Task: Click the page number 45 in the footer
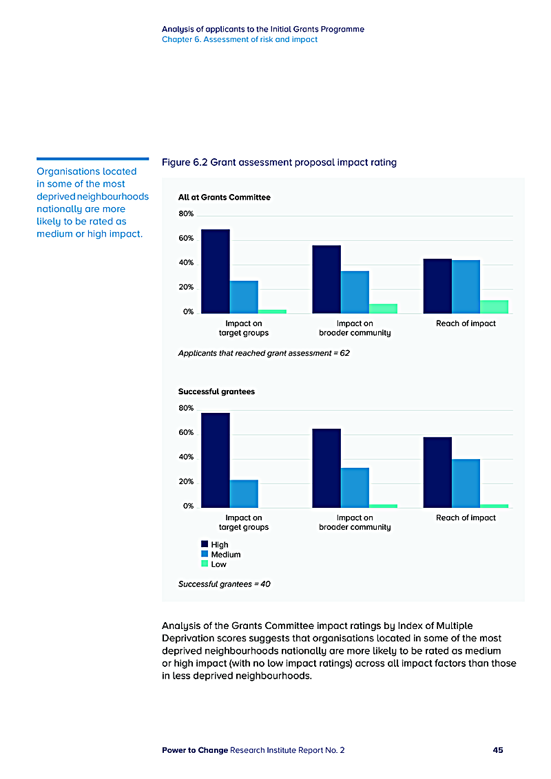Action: pos(497,750)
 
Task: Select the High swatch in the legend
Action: pos(205,544)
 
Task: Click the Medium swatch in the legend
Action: pos(205,554)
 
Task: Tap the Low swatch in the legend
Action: pos(205,564)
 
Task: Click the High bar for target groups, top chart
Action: pos(215,271)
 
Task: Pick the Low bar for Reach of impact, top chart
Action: pos(494,306)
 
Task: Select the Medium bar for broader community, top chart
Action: pos(355,292)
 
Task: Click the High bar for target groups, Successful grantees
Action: pos(215,460)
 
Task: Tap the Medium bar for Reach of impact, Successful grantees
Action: pos(466,483)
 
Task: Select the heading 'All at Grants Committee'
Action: pos(224,198)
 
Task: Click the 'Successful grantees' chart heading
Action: pos(216,392)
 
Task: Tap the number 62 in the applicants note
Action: pos(345,353)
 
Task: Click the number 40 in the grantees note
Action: pos(265,584)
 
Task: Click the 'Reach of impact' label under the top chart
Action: pos(466,323)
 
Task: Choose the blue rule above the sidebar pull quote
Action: pos(92,158)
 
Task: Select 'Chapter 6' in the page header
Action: pos(180,39)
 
